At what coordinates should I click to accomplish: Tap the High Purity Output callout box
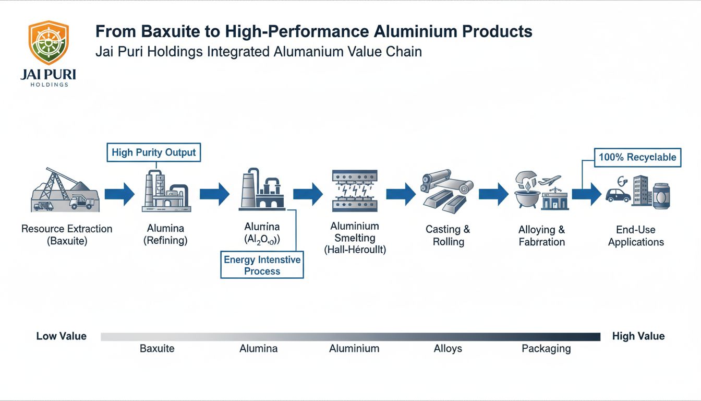point(154,152)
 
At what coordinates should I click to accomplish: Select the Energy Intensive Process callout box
point(262,265)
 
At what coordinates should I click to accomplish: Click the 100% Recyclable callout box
point(637,157)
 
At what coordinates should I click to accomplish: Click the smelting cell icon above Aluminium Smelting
point(355,191)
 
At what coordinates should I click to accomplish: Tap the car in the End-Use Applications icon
point(618,196)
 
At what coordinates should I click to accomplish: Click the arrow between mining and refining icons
point(119,194)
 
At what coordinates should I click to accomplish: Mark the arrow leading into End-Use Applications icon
point(586,194)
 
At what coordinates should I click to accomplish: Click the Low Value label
point(61,336)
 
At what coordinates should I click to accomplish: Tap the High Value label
point(638,336)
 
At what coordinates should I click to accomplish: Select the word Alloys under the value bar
point(448,348)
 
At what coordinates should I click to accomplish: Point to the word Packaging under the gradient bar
point(546,348)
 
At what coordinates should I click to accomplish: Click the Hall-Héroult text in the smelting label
point(355,250)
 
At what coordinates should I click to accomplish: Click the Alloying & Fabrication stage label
point(541,235)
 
